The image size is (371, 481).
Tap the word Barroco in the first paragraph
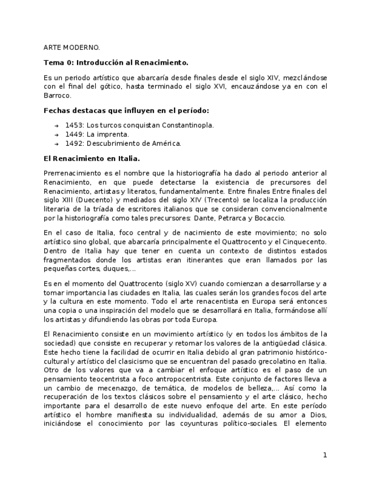coord(57,96)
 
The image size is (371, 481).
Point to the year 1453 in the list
coord(75,125)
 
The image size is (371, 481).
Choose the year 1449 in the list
coord(75,134)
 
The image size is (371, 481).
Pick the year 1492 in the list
coord(75,144)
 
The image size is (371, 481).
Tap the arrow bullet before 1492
coord(57,144)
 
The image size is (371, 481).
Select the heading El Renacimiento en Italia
coord(92,158)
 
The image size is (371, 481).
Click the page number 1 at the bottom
coord(325,455)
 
